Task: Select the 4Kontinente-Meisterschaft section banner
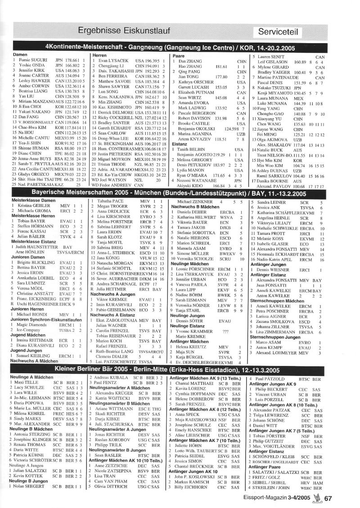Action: pos(180,47)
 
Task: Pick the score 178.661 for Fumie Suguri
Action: pos(72,60)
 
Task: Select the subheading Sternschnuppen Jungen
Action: pos(274,336)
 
